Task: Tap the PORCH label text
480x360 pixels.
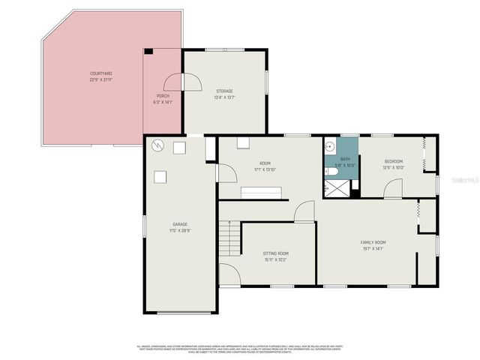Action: [x=163, y=96]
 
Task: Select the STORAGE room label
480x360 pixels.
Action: [x=224, y=91]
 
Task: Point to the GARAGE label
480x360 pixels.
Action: [x=180, y=224]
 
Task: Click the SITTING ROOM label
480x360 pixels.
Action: [x=275, y=253]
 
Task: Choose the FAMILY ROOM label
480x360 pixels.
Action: [x=373, y=242]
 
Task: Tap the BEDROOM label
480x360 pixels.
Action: [x=394, y=161]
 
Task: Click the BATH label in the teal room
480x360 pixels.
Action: [x=345, y=159]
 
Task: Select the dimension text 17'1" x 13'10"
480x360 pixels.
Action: [x=265, y=170]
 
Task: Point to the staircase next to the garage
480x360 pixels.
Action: [x=228, y=239]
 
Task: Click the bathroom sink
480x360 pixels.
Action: [x=331, y=145]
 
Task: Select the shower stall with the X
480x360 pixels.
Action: [x=338, y=188]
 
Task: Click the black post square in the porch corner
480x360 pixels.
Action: [x=149, y=51]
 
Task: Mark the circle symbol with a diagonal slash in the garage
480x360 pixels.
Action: [x=157, y=145]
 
